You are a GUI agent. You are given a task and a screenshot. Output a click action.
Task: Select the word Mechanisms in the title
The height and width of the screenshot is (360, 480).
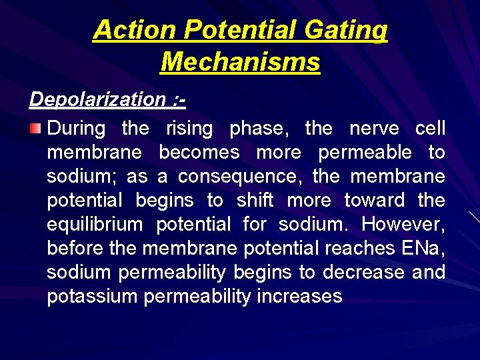[240, 62]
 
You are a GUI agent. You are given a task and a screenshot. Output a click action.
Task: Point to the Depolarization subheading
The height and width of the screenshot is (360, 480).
[107, 99]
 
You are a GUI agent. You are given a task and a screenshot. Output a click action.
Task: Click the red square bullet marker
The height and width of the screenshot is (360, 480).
[37, 127]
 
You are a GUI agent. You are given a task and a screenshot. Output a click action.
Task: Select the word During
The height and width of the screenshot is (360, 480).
[77, 128]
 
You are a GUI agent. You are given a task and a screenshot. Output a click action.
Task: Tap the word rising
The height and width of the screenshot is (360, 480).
[189, 128]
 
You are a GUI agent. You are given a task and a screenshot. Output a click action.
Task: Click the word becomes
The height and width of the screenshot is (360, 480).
[199, 153]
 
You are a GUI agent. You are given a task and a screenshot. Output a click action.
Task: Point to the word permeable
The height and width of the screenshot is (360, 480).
[365, 153]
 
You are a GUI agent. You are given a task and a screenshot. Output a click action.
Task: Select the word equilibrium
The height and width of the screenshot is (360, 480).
[95, 225]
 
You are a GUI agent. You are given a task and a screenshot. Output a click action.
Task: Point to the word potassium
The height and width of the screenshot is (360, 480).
[92, 297]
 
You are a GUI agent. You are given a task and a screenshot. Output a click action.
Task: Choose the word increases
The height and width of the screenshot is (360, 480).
[303, 297]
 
